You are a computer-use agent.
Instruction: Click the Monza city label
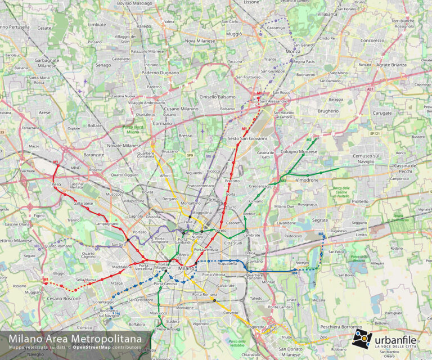click(x=293, y=51)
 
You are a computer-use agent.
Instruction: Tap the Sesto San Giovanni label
click(x=247, y=138)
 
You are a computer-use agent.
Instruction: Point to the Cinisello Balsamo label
click(x=218, y=97)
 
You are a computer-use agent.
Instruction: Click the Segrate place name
click(x=320, y=220)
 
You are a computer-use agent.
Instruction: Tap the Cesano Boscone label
click(x=65, y=298)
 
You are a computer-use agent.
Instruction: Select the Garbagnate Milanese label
click(x=47, y=62)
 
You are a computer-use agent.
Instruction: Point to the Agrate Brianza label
click(x=390, y=65)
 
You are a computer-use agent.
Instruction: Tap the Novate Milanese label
click(x=124, y=146)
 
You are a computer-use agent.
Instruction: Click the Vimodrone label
click(x=307, y=180)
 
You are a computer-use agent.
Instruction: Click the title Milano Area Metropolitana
click(x=75, y=339)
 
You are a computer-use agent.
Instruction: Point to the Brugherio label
click(x=328, y=111)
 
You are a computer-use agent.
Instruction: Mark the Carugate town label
click(x=382, y=113)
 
